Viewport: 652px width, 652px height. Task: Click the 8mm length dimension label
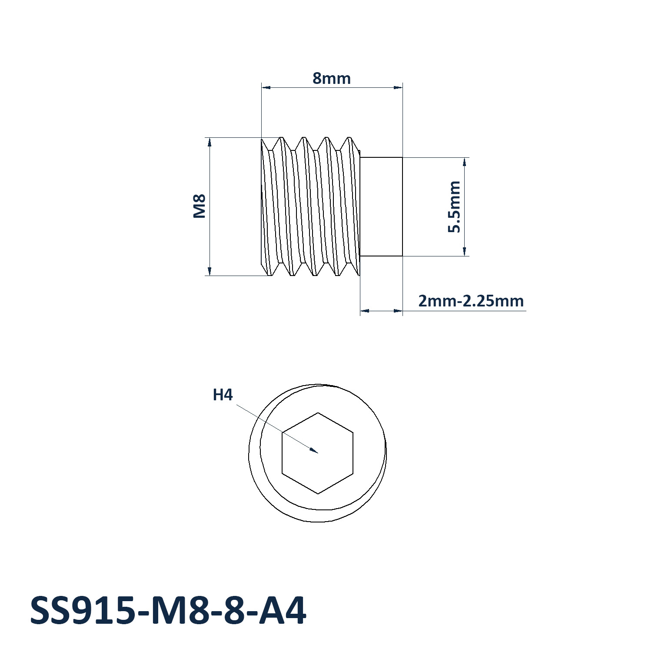pos(332,78)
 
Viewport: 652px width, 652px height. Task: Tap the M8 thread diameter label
pos(199,206)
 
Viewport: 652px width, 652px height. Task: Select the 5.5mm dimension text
pos(454,207)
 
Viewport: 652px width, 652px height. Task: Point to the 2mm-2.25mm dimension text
pos(471,301)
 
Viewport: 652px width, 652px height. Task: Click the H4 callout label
pos(223,395)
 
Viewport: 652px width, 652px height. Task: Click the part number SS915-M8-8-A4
pos(168,611)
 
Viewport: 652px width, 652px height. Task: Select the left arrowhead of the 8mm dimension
pos(266,88)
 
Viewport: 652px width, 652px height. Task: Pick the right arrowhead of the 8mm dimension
pos(398,88)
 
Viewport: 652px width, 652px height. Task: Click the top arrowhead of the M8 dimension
pos(210,143)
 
